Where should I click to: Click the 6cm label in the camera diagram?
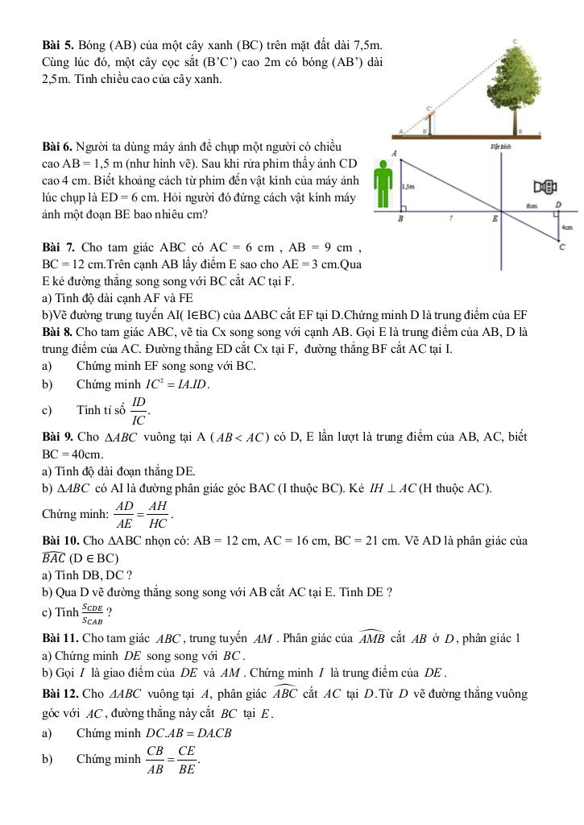pos(532,206)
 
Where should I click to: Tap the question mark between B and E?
pos(452,218)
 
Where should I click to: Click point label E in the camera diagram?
pos(495,219)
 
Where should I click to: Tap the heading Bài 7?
pos(59,245)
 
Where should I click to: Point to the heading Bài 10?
pos(61,541)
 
